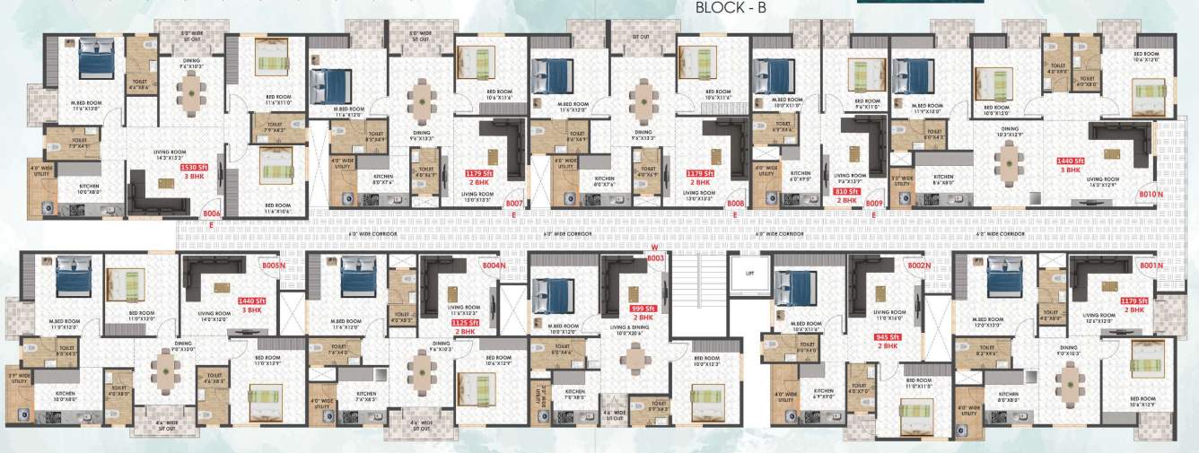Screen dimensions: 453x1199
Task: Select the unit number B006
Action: pos(212,213)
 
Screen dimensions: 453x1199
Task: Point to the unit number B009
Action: pos(874,204)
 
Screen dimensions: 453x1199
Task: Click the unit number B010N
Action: pos(1151,194)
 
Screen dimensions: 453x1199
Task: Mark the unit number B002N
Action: pos(919,266)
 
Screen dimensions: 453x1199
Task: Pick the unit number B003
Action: pos(655,258)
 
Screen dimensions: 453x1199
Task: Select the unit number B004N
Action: pos(494,266)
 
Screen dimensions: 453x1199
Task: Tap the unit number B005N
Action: pos(273,266)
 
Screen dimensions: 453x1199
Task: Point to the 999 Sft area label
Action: pos(643,308)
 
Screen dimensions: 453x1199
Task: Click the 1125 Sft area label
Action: pos(464,323)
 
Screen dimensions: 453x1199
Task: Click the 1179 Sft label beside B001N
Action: pos(1133,301)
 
